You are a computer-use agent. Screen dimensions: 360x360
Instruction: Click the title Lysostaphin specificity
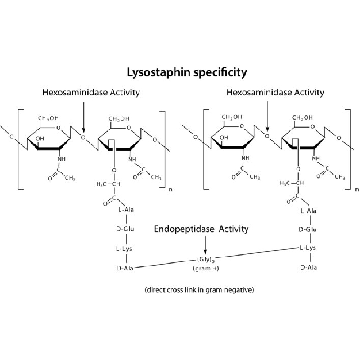point(187,72)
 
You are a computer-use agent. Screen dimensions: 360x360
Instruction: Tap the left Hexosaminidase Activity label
point(91,93)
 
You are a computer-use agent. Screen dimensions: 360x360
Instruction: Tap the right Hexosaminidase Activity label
point(275,93)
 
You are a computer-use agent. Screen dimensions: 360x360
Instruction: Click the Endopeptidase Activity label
point(201,229)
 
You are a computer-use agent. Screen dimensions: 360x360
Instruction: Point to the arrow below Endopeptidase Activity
point(205,245)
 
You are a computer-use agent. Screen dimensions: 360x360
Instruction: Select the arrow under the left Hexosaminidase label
point(84,117)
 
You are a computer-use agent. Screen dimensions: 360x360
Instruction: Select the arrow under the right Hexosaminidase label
point(267,117)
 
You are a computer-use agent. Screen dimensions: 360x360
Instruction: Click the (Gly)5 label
point(206,260)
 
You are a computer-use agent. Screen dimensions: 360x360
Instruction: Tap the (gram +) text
point(206,269)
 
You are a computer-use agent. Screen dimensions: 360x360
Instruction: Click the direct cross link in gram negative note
point(199,290)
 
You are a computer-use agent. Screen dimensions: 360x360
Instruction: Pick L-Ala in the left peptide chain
point(126,210)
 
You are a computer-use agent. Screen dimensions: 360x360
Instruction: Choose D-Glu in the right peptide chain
point(308,229)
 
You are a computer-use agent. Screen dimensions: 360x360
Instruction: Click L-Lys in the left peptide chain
point(124,249)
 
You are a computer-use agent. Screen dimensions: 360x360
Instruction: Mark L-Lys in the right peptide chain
point(308,248)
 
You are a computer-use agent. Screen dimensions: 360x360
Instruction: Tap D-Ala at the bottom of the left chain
point(125,268)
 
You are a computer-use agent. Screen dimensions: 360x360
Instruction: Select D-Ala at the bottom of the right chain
point(309,267)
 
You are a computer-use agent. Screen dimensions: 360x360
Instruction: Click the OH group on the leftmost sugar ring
point(40,139)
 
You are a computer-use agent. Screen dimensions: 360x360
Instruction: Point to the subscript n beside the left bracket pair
point(171,189)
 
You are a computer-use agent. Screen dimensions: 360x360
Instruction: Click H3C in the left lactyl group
point(102,184)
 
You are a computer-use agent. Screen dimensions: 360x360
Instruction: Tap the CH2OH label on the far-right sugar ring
point(302,118)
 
